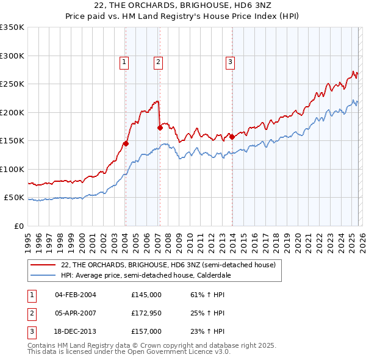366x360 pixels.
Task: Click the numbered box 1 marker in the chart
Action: (x=124, y=61)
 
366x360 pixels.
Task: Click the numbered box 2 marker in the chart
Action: (x=158, y=61)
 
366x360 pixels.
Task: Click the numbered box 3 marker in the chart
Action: (x=230, y=61)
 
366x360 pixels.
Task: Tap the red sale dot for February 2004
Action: (x=126, y=144)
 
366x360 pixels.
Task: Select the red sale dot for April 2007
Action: (x=160, y=128)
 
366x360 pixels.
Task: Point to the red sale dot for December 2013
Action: (x=232, y=137)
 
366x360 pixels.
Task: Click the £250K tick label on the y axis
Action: (x=12, y=84)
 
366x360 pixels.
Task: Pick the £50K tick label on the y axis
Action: (x=14, y=198)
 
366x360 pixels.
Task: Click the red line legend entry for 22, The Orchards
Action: (x=168, y=265)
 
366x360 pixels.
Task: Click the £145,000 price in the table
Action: (x=146, y=295)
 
